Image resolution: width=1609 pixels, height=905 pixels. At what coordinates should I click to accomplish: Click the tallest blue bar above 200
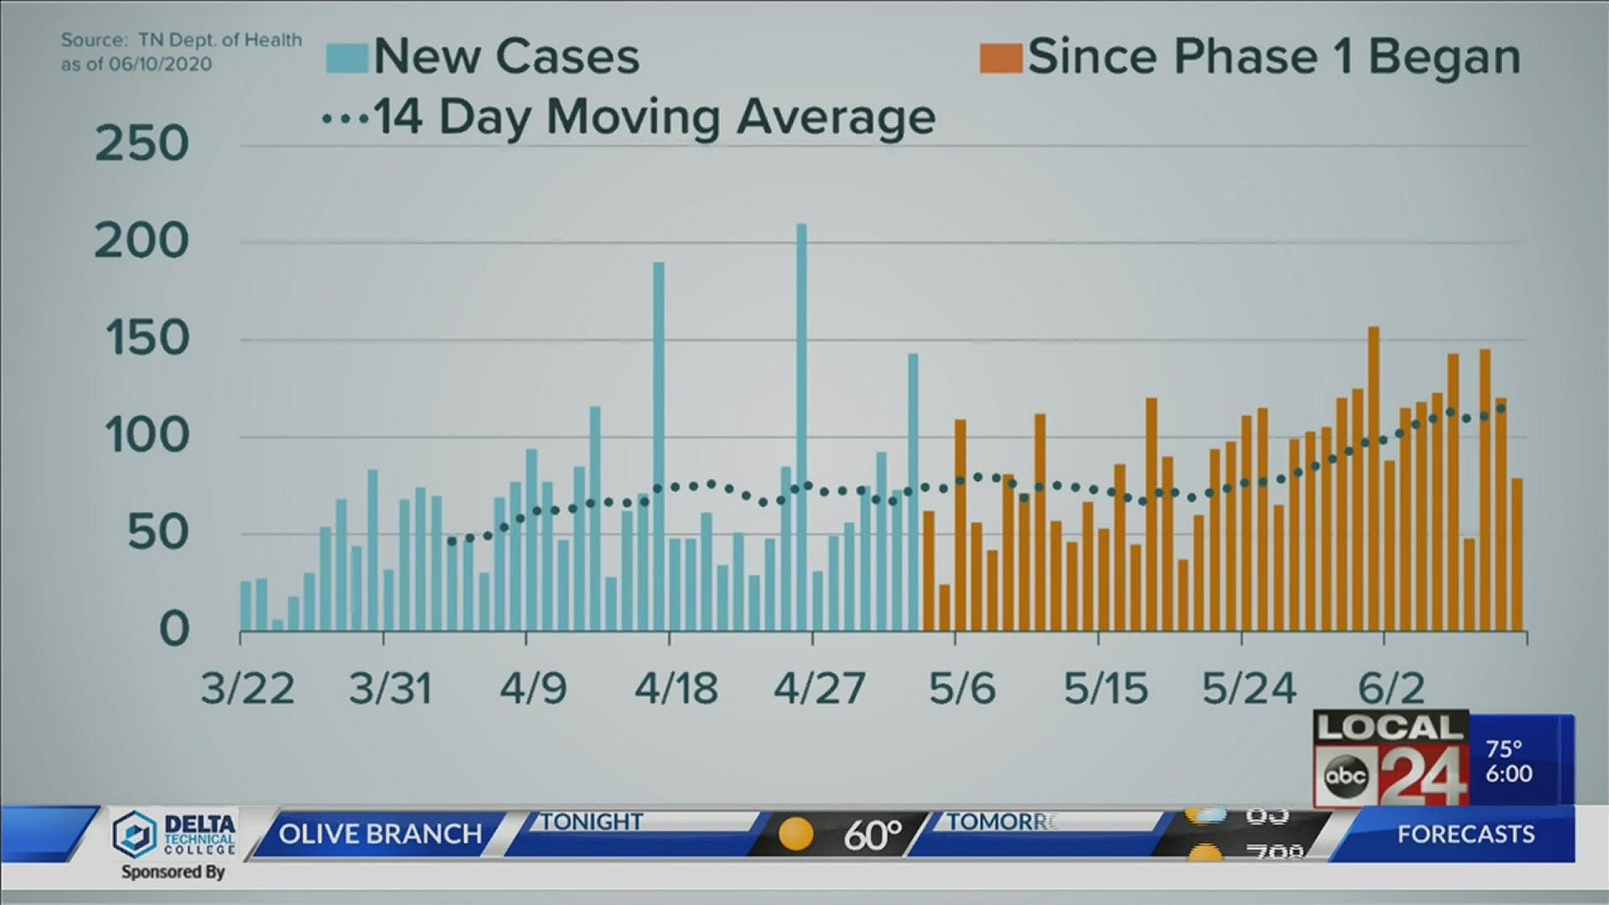801,427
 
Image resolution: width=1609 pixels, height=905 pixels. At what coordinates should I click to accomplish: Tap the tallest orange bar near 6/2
1374,478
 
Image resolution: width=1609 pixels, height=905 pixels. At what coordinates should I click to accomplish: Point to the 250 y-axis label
142,144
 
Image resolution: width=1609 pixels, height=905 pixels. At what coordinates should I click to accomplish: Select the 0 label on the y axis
174,629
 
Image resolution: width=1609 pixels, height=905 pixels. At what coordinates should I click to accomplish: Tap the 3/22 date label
248,689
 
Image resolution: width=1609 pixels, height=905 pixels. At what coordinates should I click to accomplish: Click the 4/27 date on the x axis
819,689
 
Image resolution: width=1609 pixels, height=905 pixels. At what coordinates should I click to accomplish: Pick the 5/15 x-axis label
1105,689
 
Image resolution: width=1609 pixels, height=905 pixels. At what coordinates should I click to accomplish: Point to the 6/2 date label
1391,689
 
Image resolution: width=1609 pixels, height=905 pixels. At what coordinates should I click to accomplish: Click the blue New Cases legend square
347,57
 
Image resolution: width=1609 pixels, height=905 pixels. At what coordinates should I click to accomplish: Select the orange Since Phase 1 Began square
1001,57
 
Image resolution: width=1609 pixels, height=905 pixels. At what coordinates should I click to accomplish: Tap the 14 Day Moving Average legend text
654,117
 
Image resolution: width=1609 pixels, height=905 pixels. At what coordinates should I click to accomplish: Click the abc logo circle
1346,775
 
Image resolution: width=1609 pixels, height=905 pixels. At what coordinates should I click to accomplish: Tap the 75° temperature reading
1503,748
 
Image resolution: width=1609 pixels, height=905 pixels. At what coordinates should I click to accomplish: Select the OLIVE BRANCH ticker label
380,834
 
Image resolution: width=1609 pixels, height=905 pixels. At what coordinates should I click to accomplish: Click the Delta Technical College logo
174,835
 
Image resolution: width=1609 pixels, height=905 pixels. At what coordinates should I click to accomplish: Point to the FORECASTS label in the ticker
1466,834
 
